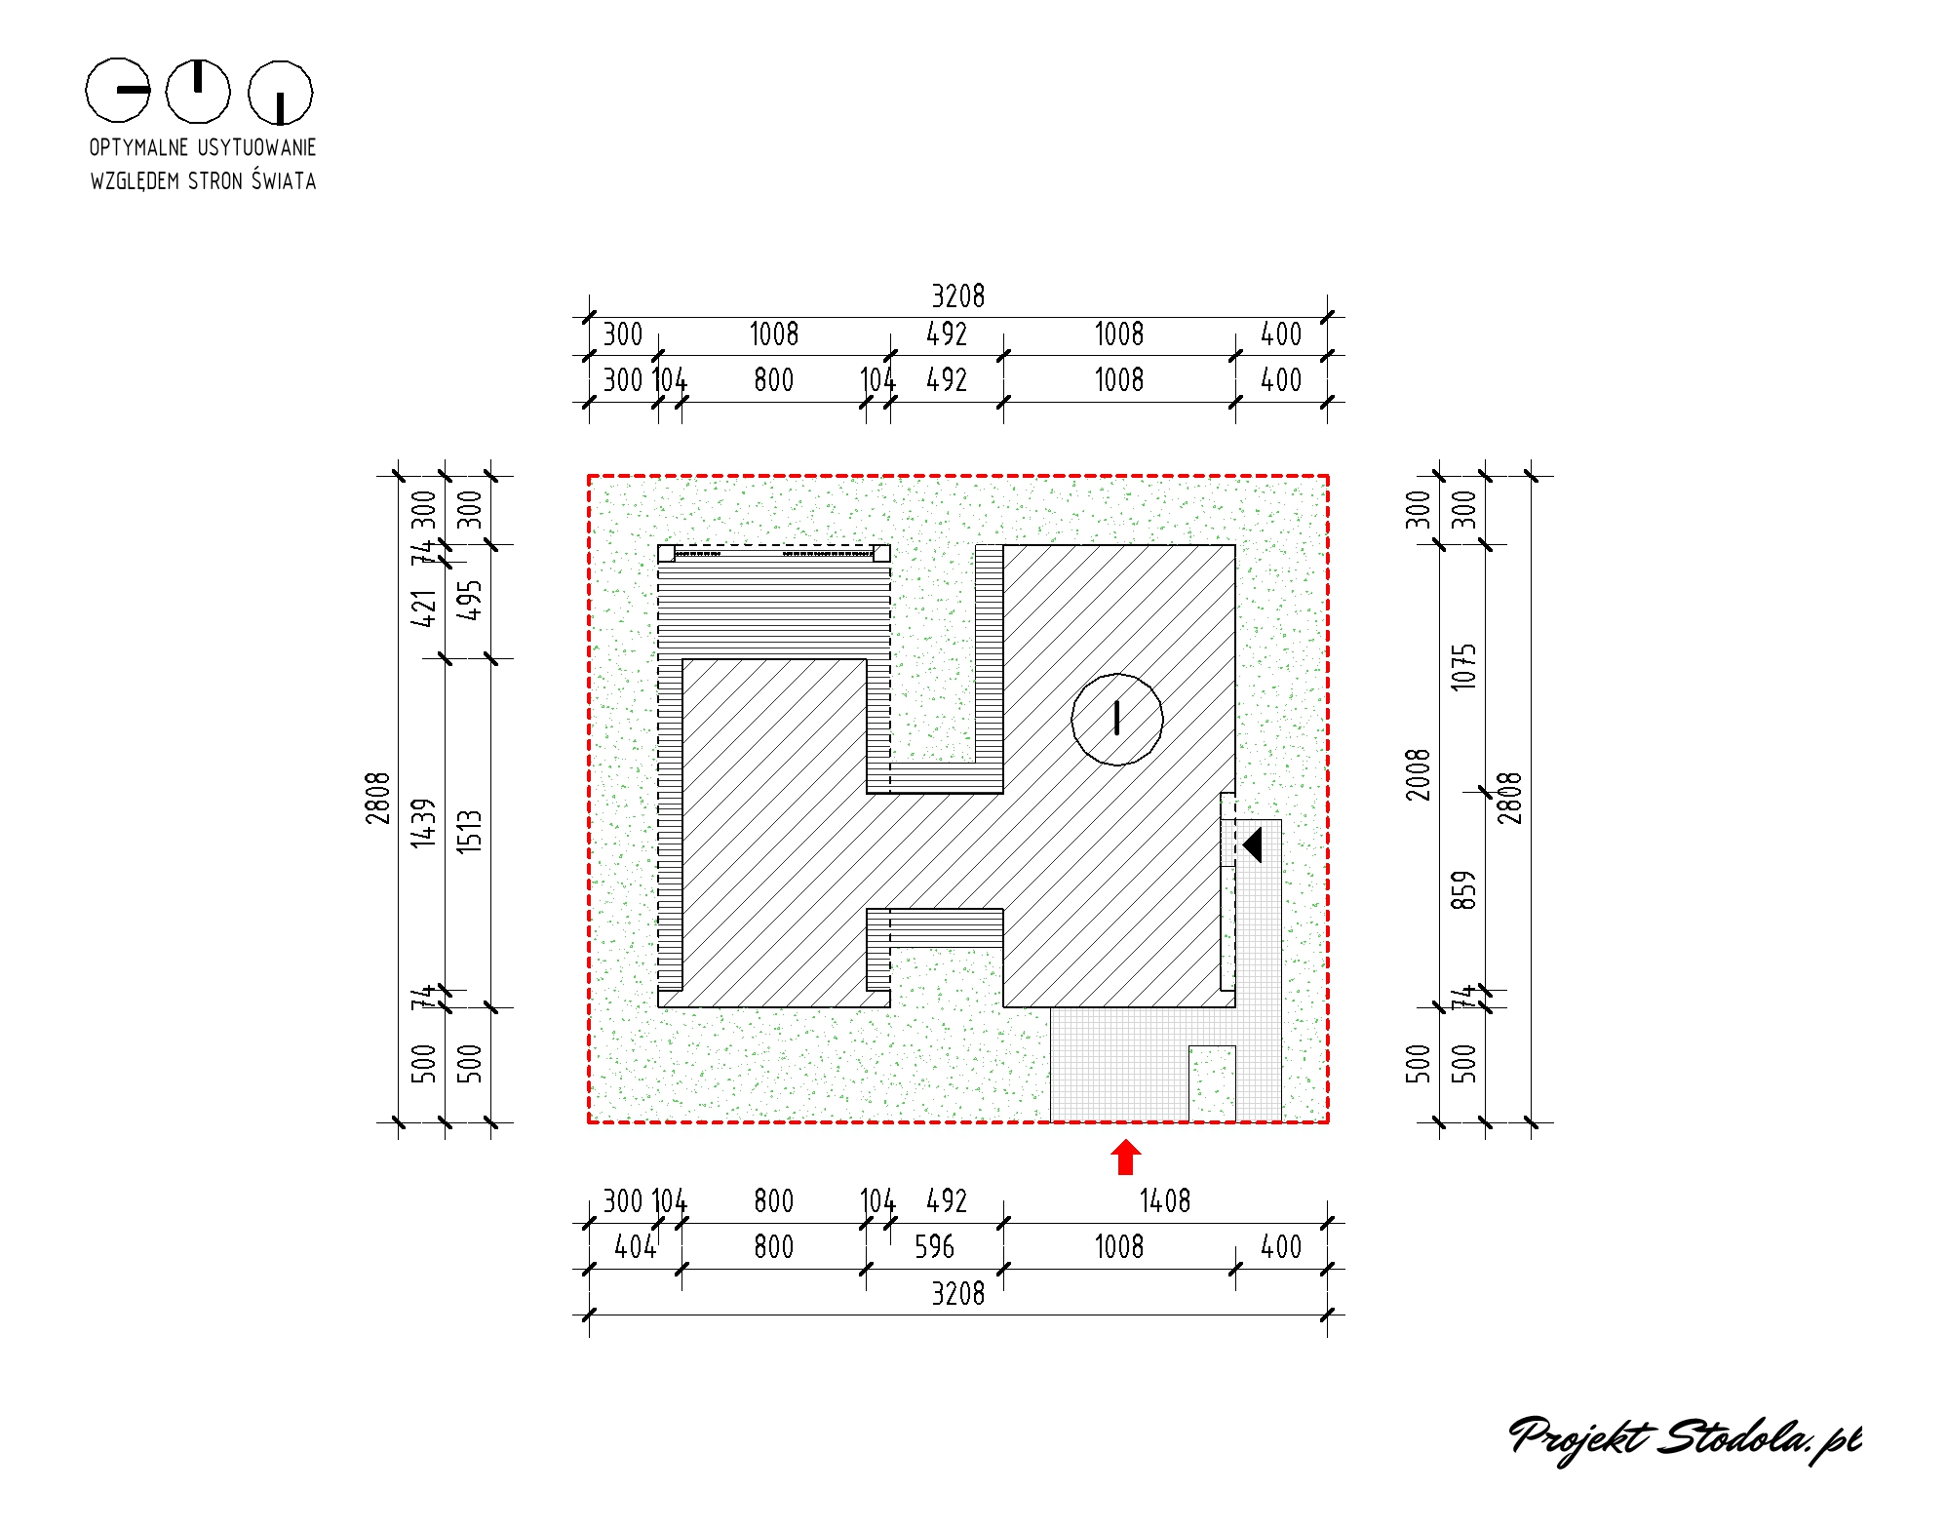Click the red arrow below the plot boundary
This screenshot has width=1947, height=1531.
[x=1125, y=1158]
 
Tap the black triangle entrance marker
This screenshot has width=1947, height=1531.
[x=1252, y=844]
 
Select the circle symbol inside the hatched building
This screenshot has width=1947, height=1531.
[x=1116, y=720]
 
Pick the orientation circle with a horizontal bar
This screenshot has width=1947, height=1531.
[x=118, y=90]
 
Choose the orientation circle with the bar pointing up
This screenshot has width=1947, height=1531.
[x=198, y=92]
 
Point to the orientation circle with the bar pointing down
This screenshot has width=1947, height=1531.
[x=280, y=94]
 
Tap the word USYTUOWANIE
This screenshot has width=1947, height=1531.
[x=257, y=147]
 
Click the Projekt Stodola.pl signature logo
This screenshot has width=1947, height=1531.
[x=1685, y=1439]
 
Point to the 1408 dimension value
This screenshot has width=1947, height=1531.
[x=1165, y=1200]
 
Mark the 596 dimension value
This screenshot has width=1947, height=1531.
[x=934, y=1246]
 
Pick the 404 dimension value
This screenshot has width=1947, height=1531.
[x=635, y=1246]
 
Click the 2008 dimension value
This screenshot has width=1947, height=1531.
[x=1418, y=775]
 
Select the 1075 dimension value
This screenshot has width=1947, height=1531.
[x=1463, y=667]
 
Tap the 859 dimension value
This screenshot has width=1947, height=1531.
[x=1463, y=890]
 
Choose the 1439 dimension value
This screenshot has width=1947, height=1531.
[x=422, y=823]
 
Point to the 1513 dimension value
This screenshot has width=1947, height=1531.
[x=469, y=832]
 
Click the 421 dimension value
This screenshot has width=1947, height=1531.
[x=422, y=608]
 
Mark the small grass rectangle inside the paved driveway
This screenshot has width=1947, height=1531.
[x=1212, y=1083]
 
